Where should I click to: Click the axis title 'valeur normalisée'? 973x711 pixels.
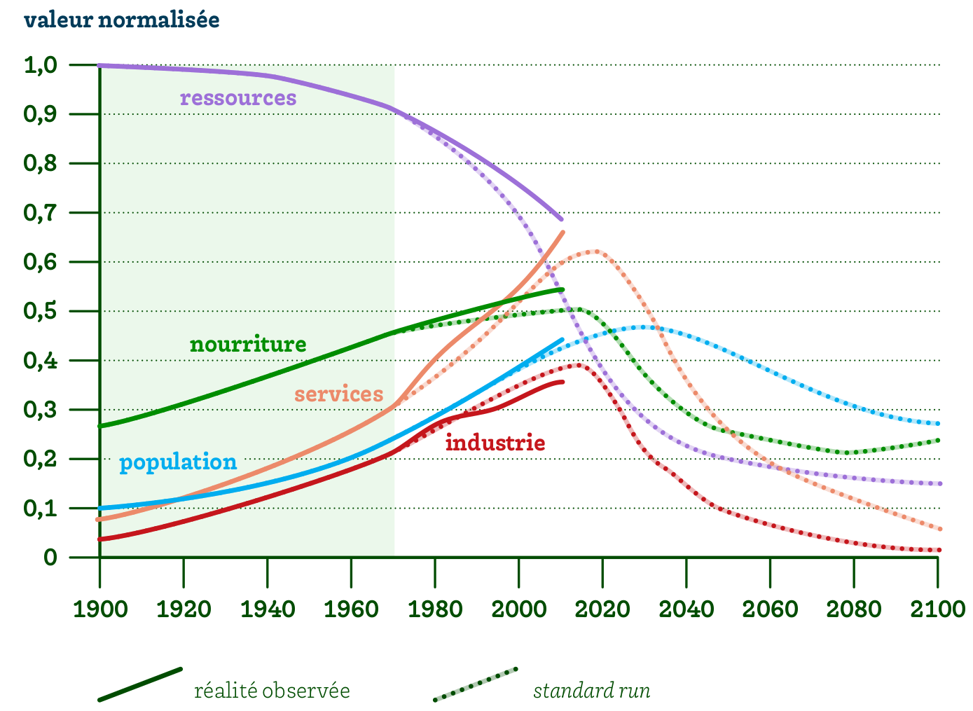click(122, 20)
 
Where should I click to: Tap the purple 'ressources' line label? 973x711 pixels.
click(238, 97)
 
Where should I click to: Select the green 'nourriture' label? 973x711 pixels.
click(248, 344)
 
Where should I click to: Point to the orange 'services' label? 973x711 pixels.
click(338, 394)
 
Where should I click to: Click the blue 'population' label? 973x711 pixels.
click(178, 462)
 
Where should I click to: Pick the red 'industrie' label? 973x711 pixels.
click(495, 443)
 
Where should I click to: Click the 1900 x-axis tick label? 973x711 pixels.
click(100, 609)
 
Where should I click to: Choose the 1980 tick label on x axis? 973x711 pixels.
click(435, 609)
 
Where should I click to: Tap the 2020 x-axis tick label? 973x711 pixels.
click(602, 609)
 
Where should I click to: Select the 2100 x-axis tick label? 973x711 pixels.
click(937, 609)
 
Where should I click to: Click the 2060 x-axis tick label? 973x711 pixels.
click(770, 609)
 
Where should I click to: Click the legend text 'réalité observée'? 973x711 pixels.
click(272, 691)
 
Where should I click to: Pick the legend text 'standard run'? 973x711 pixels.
click(592, 691)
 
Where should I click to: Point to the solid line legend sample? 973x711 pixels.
click(140, 684)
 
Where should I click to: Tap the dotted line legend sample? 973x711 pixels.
click(476, 684)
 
